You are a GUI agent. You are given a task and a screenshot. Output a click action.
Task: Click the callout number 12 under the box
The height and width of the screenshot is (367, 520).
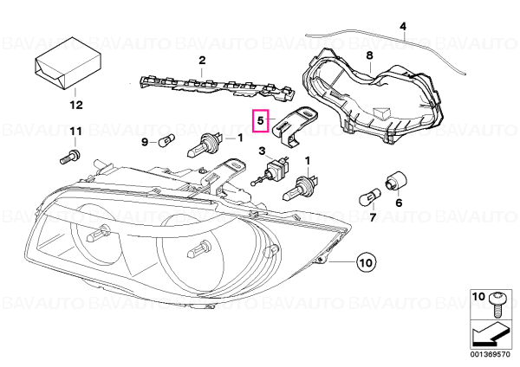coord(76,105)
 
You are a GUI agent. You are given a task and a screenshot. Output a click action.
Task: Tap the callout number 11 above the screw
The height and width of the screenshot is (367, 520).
coord(75,132)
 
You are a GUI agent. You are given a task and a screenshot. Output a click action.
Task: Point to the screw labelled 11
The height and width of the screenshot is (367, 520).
coord(70,157)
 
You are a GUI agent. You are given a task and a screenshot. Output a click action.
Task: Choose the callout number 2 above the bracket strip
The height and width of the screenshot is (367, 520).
coord(202,61)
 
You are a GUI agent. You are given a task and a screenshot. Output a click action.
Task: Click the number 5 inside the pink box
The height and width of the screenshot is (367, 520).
coord(260,120)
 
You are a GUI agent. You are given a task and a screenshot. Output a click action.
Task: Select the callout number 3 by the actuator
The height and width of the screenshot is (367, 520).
coord(262,151)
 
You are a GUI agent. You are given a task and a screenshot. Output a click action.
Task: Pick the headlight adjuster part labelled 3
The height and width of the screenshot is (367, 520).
coord(271,170)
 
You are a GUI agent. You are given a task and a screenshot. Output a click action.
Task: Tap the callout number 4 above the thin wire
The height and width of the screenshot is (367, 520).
coord(403,26)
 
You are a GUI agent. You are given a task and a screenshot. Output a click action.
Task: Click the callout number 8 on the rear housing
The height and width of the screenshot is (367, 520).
coord(369,55)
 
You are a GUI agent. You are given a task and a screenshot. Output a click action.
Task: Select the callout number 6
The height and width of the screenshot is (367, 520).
coord(399,202)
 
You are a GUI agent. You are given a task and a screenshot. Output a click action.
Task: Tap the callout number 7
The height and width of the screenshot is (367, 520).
coord(373,217)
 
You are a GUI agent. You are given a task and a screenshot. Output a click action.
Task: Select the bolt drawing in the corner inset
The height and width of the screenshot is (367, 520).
coord(497,304)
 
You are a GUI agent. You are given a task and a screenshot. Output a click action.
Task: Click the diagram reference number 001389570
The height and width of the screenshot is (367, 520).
coord(490,354)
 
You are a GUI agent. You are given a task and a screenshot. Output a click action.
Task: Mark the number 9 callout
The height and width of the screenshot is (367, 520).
coord(145,142)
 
